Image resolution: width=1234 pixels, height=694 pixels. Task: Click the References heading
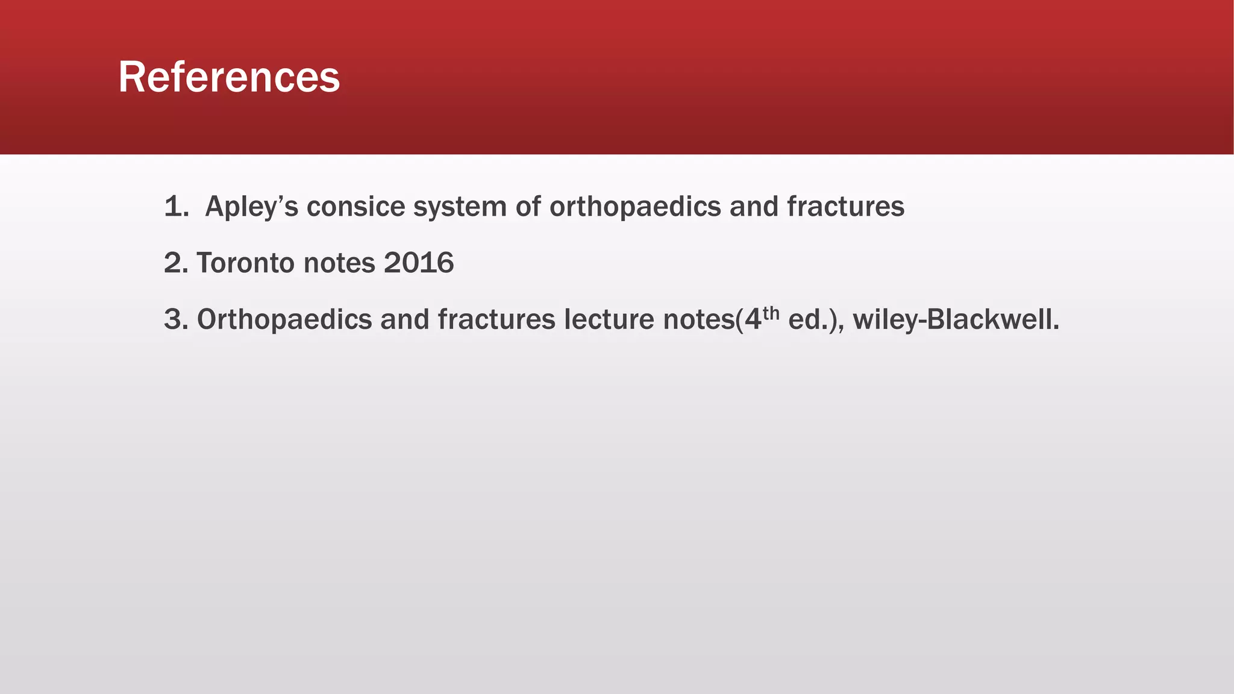229,77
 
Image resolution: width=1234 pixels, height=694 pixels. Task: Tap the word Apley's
251,207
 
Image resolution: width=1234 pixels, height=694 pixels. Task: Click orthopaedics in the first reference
635,207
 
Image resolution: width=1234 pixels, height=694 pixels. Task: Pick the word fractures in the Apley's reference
845,207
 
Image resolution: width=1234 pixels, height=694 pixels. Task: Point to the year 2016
419,263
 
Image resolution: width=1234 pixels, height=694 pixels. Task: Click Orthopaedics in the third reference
284,319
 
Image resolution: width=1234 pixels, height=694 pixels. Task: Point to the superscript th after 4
771,313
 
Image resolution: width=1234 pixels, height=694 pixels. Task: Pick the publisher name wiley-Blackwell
955,319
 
